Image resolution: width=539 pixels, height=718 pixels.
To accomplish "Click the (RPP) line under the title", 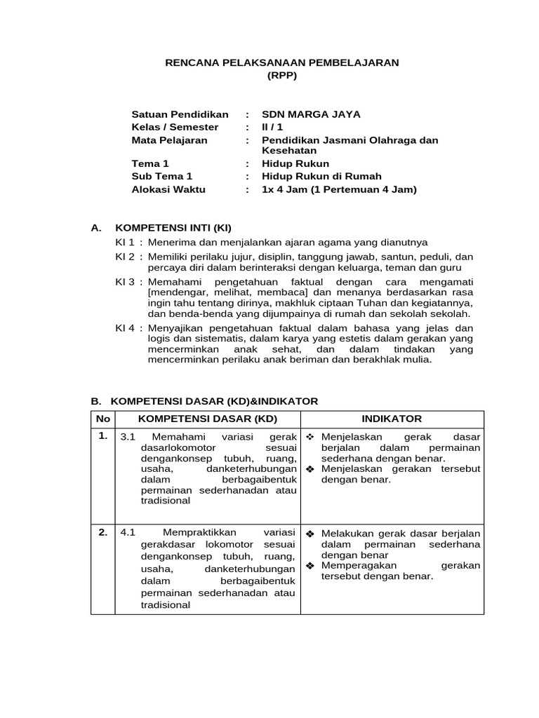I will point(281,76).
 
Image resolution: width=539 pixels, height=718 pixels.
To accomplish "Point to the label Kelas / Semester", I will point(175,127).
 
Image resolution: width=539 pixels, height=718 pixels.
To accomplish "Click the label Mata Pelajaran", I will point(170,140).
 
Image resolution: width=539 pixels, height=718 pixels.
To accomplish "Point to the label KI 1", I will point(126,242).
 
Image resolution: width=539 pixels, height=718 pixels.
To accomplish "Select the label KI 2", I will point(126,257).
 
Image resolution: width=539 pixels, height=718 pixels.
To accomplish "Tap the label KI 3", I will point(126,280).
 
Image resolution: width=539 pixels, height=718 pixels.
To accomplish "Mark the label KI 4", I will point(126,327).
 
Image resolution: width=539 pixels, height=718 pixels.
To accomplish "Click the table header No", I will point(102,419).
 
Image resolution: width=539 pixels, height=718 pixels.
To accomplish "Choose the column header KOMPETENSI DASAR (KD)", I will point(208,419).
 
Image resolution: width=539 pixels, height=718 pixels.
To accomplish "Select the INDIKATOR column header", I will point(392,419).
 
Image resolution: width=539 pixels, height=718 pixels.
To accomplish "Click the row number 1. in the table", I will point(102,436).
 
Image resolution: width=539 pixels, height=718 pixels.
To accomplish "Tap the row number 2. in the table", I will point(102,531).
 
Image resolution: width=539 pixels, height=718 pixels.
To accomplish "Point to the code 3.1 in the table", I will point(127,437).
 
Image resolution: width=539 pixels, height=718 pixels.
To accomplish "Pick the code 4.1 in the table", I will point(127,532).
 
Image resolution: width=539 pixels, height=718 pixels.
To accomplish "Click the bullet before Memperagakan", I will point(310,566).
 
